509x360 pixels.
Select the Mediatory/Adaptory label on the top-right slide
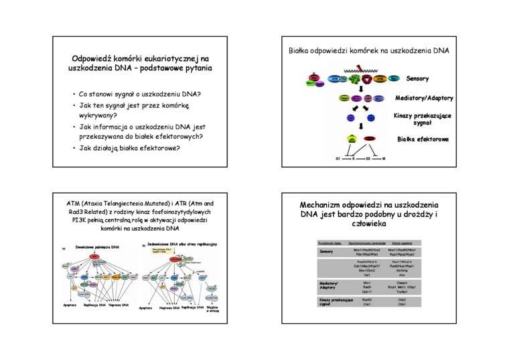[x=424, y=98]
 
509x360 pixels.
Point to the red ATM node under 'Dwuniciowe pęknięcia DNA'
[x=94, y=257]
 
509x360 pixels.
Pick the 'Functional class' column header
[x=330, y=242]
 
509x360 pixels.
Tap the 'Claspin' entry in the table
[x=406, y=283]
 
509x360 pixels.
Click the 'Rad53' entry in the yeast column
[x=367, y=300]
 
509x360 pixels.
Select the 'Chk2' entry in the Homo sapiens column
[x=406, y=300]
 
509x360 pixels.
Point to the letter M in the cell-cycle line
[x=384, y=159]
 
